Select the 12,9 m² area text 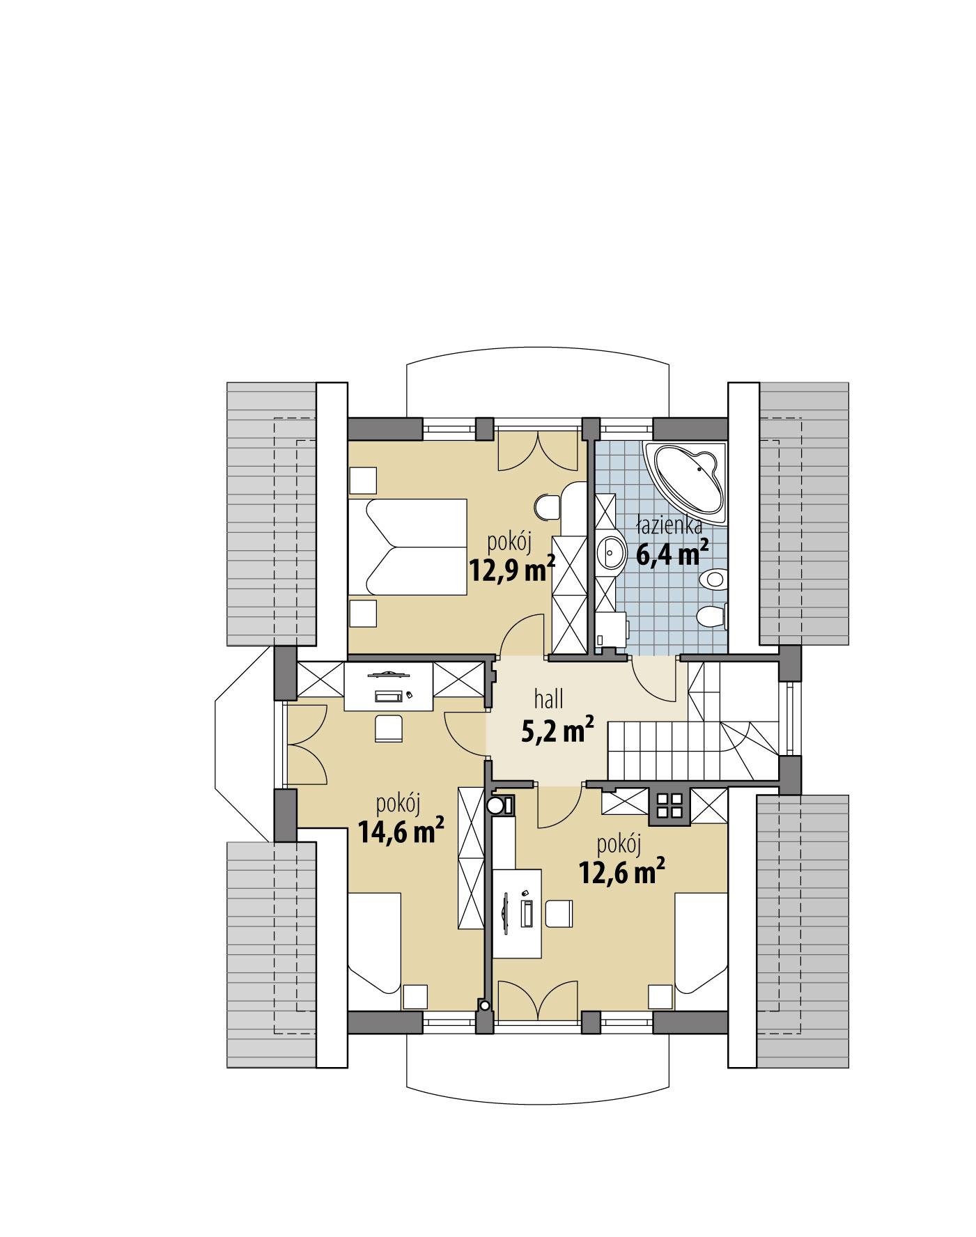coord(512,570)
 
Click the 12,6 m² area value coord(621,871)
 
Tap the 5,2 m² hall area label coord(557,731)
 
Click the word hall coord(548,698)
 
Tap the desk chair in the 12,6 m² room coord(558,913)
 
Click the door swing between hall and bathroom coord(653,679)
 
